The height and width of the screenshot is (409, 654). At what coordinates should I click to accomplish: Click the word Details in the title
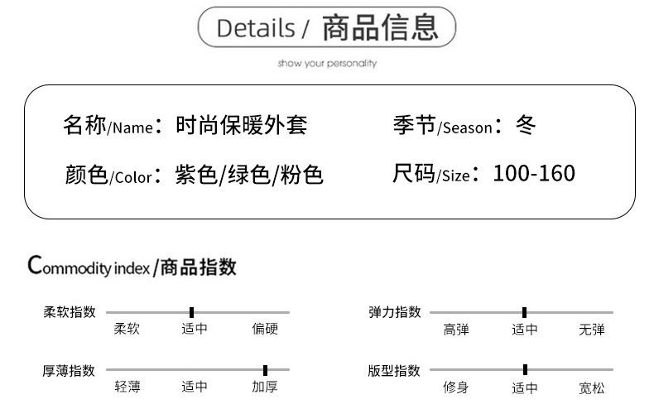click(255, 28)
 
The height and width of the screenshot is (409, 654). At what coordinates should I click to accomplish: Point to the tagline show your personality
click(327, 63)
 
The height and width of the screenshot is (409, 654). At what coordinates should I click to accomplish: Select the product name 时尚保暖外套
click(242, 126)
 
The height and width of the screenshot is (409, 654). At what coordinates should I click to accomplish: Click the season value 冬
click(526, 126)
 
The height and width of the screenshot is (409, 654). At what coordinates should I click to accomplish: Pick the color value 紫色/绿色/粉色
click(249, 175)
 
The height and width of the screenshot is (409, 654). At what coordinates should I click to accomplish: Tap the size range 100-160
click(534, 174)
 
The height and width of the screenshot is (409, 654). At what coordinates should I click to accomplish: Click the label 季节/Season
click(442, 126)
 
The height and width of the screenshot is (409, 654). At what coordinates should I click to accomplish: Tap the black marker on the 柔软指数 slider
click(191, 312)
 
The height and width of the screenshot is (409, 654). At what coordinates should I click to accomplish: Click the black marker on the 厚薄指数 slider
click(265, 370)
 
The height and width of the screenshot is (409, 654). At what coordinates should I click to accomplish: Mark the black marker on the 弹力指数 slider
click(524, 312)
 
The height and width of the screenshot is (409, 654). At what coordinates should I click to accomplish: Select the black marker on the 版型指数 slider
click(525, 370)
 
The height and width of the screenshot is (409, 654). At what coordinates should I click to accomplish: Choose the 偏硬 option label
click(265, 330)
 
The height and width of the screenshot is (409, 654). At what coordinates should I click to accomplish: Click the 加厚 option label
click(265, 387)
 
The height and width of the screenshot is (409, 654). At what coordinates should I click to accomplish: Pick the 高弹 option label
click(456, 330)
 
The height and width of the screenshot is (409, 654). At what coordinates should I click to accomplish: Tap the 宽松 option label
click(592, 387)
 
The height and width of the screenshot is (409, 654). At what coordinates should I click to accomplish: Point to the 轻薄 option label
click(127, 387)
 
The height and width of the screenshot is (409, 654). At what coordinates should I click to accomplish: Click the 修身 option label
click(456, 387)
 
